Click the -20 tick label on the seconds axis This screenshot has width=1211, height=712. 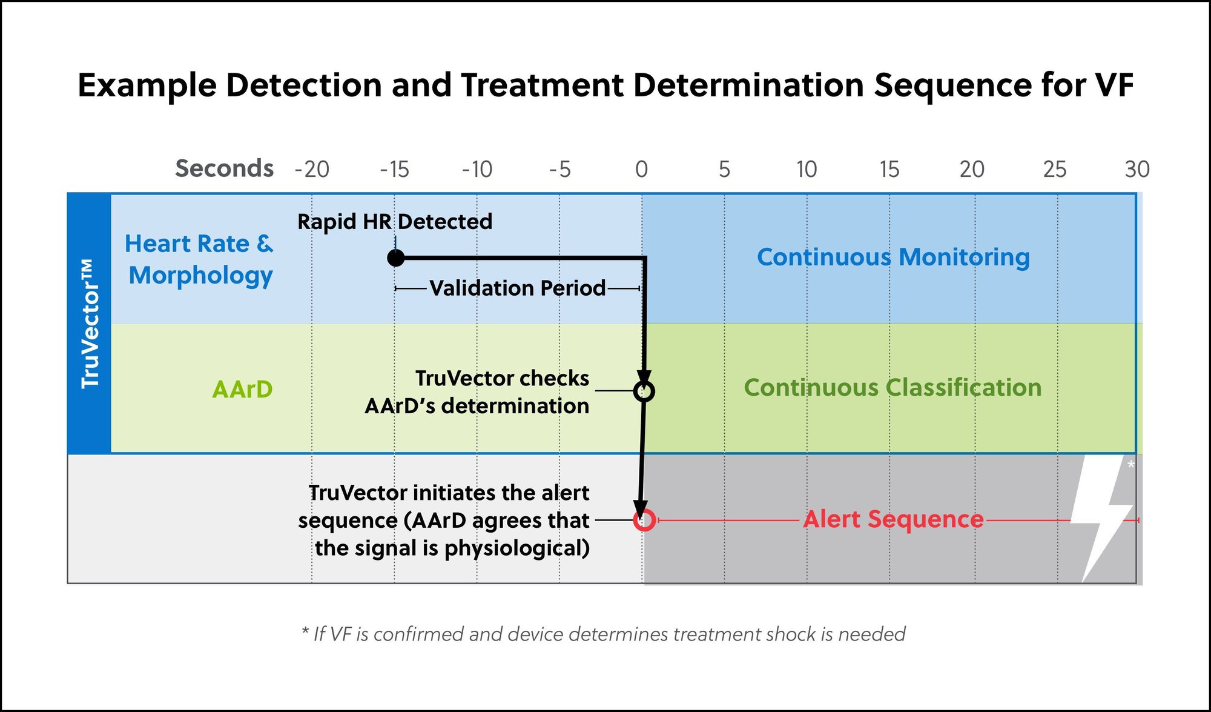tap(312, 169)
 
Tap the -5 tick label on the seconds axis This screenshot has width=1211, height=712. tap(559, 169)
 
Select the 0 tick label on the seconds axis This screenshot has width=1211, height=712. tap(642, 169)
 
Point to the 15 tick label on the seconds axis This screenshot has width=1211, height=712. tap(889, 169)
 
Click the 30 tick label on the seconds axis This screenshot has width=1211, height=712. tap(1137, 169)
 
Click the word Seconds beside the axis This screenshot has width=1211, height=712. tap(224, 168)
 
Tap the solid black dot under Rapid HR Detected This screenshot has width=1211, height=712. tap(395, 258)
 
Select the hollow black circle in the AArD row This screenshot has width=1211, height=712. tap(644, 391)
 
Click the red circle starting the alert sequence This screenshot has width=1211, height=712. tap(644, 520)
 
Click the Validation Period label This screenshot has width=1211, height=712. tap(517, 288)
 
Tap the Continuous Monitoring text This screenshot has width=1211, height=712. tap(893, 257)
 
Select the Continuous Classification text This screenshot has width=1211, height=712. tap(893, 387)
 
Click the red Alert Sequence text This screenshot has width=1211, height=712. tap(893, 519)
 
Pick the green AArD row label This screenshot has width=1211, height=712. tap(242, 389)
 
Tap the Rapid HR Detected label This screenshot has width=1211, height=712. tap(395, 222)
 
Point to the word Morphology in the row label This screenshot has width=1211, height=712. tap(200, 276)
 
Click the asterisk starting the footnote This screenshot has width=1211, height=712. tap(305, 632)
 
